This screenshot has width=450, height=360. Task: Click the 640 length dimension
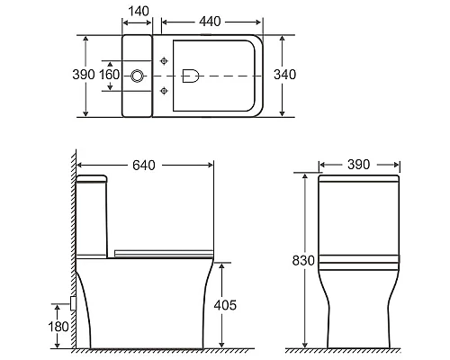coord(145,165)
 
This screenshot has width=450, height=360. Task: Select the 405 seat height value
coord(226,305)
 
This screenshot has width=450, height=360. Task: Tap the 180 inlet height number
coord(59,326)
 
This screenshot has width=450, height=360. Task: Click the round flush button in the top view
coord(138,76)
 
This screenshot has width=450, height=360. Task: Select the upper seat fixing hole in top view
coord(163,61)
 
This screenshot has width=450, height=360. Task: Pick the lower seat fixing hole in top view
coord(163,92)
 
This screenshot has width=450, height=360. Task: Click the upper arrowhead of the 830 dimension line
coord(306,174)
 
